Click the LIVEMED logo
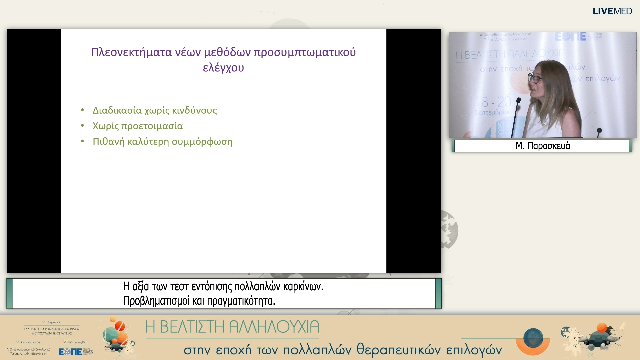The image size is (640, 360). click(612, 11)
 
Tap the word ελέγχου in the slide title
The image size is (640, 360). click(223, 68)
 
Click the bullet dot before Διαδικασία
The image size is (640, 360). click(82, 110)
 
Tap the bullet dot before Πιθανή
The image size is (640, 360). click(82, 141)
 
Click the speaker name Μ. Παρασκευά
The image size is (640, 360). click(542, 146)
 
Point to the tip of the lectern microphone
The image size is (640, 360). click(518, 100)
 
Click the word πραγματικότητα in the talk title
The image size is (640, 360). click(241, 301)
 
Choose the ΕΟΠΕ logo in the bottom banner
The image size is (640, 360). click(70, 352)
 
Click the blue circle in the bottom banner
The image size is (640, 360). click(533, 338)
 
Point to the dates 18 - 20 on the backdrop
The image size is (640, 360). click(493, 102)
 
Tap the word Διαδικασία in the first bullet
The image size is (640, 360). click(117, 110)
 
